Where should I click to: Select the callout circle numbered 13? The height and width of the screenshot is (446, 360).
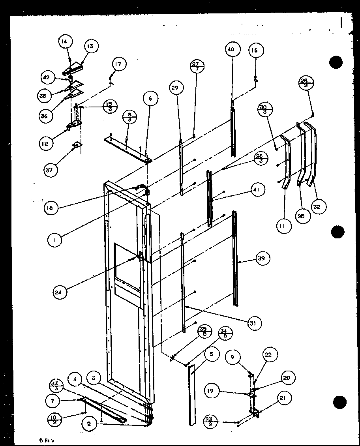90,46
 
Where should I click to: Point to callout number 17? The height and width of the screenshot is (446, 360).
119,64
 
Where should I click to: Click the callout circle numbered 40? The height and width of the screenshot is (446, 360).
231,50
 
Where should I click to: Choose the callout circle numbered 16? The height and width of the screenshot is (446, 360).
256,50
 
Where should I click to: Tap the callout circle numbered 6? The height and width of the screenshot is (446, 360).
150,98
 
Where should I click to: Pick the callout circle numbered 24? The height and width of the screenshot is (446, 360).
60,292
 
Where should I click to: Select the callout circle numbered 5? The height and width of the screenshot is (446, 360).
212,354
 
